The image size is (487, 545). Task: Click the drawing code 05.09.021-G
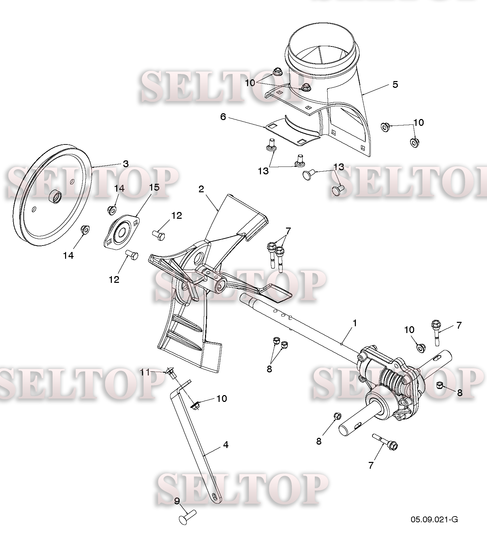tap(434, 529)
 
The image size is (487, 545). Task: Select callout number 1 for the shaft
tap(355, 323)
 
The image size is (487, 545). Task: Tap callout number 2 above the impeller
tap(201, 189)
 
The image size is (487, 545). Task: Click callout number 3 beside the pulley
tap(126, 164)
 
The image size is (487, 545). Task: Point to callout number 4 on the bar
tap(226, 445)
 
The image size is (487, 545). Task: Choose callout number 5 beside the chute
tap(395, 84)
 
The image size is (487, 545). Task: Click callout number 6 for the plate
tap(223, 117)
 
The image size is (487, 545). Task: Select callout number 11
tap(145, 372)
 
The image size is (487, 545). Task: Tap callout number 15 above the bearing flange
tap(154, 187)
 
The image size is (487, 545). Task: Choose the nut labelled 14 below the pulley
tap(85, 230)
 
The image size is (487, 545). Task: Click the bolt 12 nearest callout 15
tap(159, 235)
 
